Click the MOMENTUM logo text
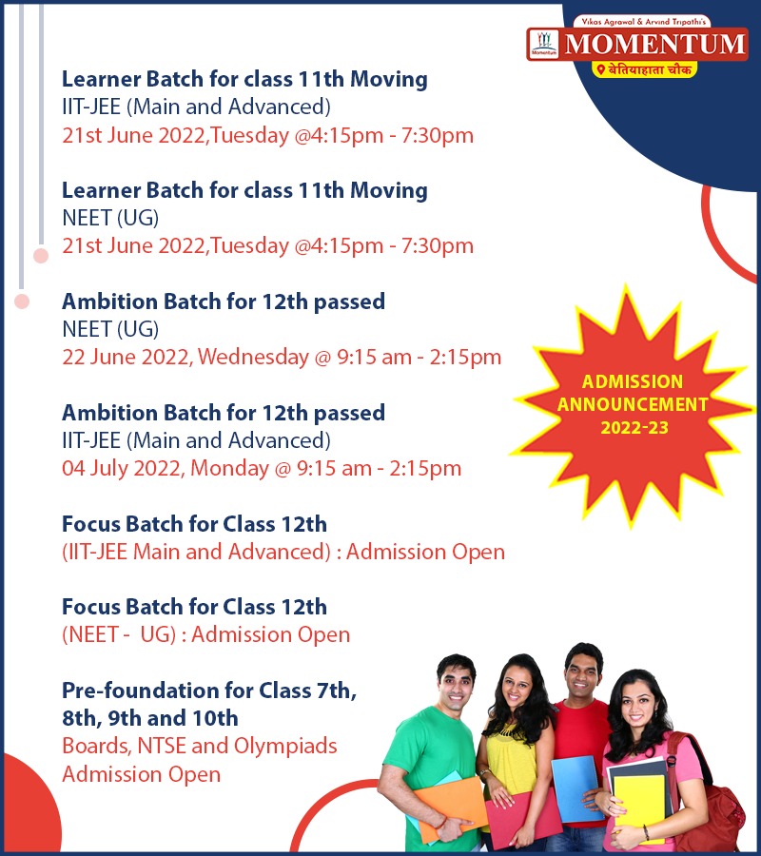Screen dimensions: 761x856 (x=654, y=44)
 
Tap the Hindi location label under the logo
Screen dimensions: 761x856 (x=645, y=69)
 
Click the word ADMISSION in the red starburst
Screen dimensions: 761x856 (x=633, y=381)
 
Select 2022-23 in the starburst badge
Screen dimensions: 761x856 (x=634, y=427)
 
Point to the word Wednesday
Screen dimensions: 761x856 (x=253, y=357)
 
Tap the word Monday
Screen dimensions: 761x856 (x=229, y=468)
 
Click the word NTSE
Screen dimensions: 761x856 (x=162, y=747)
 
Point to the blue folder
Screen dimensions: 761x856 (x=575, y=788)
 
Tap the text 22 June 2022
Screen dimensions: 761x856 (x=127, y=357)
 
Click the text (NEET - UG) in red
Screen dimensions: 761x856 (x=119, y=635)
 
